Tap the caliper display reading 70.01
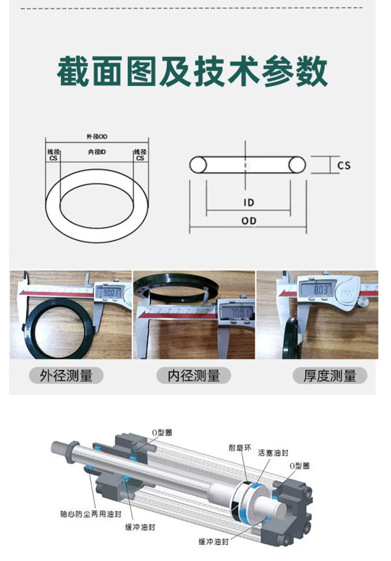[238, 313]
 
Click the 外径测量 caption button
[66, 376]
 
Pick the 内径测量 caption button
[194, 376]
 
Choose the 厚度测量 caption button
[330, 376]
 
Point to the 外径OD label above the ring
[97, 137]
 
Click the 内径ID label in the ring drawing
[97, 152]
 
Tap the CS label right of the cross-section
[344, 165]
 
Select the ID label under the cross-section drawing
[249, 203]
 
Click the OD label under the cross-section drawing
[249, 221]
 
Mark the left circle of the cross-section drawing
[198, 165]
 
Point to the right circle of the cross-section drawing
[297, 165]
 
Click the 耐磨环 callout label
[240, 448]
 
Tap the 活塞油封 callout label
[273, 453]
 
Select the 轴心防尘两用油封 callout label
[91, 514]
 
